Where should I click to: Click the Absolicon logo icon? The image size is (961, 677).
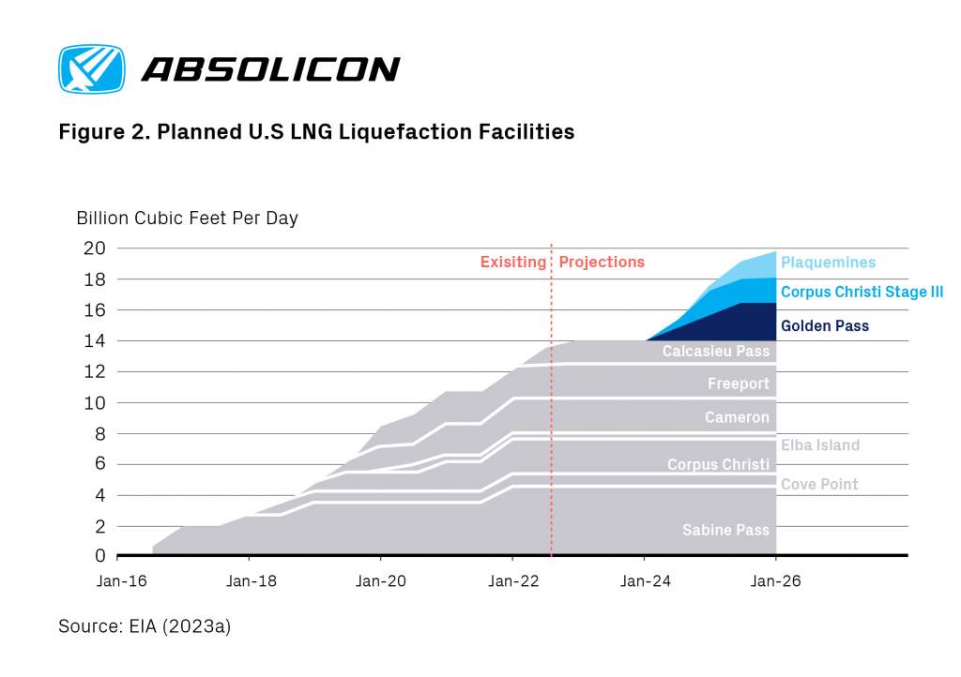click(x=91, y=69)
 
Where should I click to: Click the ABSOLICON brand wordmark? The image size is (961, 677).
click(x=269, y=69)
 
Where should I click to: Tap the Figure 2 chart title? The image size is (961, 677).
click(x=316, y=132)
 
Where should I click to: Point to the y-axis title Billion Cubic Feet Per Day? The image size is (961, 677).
click(x=187, y=218)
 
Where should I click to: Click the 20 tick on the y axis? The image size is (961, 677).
click(x=95, y=248)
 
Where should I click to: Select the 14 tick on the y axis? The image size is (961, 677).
click(x=96, y=341)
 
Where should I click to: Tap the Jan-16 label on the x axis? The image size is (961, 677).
click(x=121, y=581)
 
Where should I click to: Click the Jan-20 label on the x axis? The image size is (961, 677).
click(x=382, y=581)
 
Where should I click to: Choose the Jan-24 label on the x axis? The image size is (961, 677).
click(x=645, y=581)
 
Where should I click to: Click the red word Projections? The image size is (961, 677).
click(x=602, y=262)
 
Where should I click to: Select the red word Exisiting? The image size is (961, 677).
click(x=512, y=262)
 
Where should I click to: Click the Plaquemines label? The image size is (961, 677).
click(x=828, y=263)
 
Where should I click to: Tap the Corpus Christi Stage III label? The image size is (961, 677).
click(x=862, y=293)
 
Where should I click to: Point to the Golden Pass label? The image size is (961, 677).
click(x=825, y=326)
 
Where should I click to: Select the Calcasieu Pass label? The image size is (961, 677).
click(x=715, y=352)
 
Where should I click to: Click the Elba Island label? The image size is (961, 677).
click(x=820, y=445)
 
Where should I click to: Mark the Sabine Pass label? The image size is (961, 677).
click(x=725, y=530)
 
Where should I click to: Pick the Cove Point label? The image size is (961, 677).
click(x=819, y=485)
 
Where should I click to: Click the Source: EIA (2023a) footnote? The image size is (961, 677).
click(x=145, y=625)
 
